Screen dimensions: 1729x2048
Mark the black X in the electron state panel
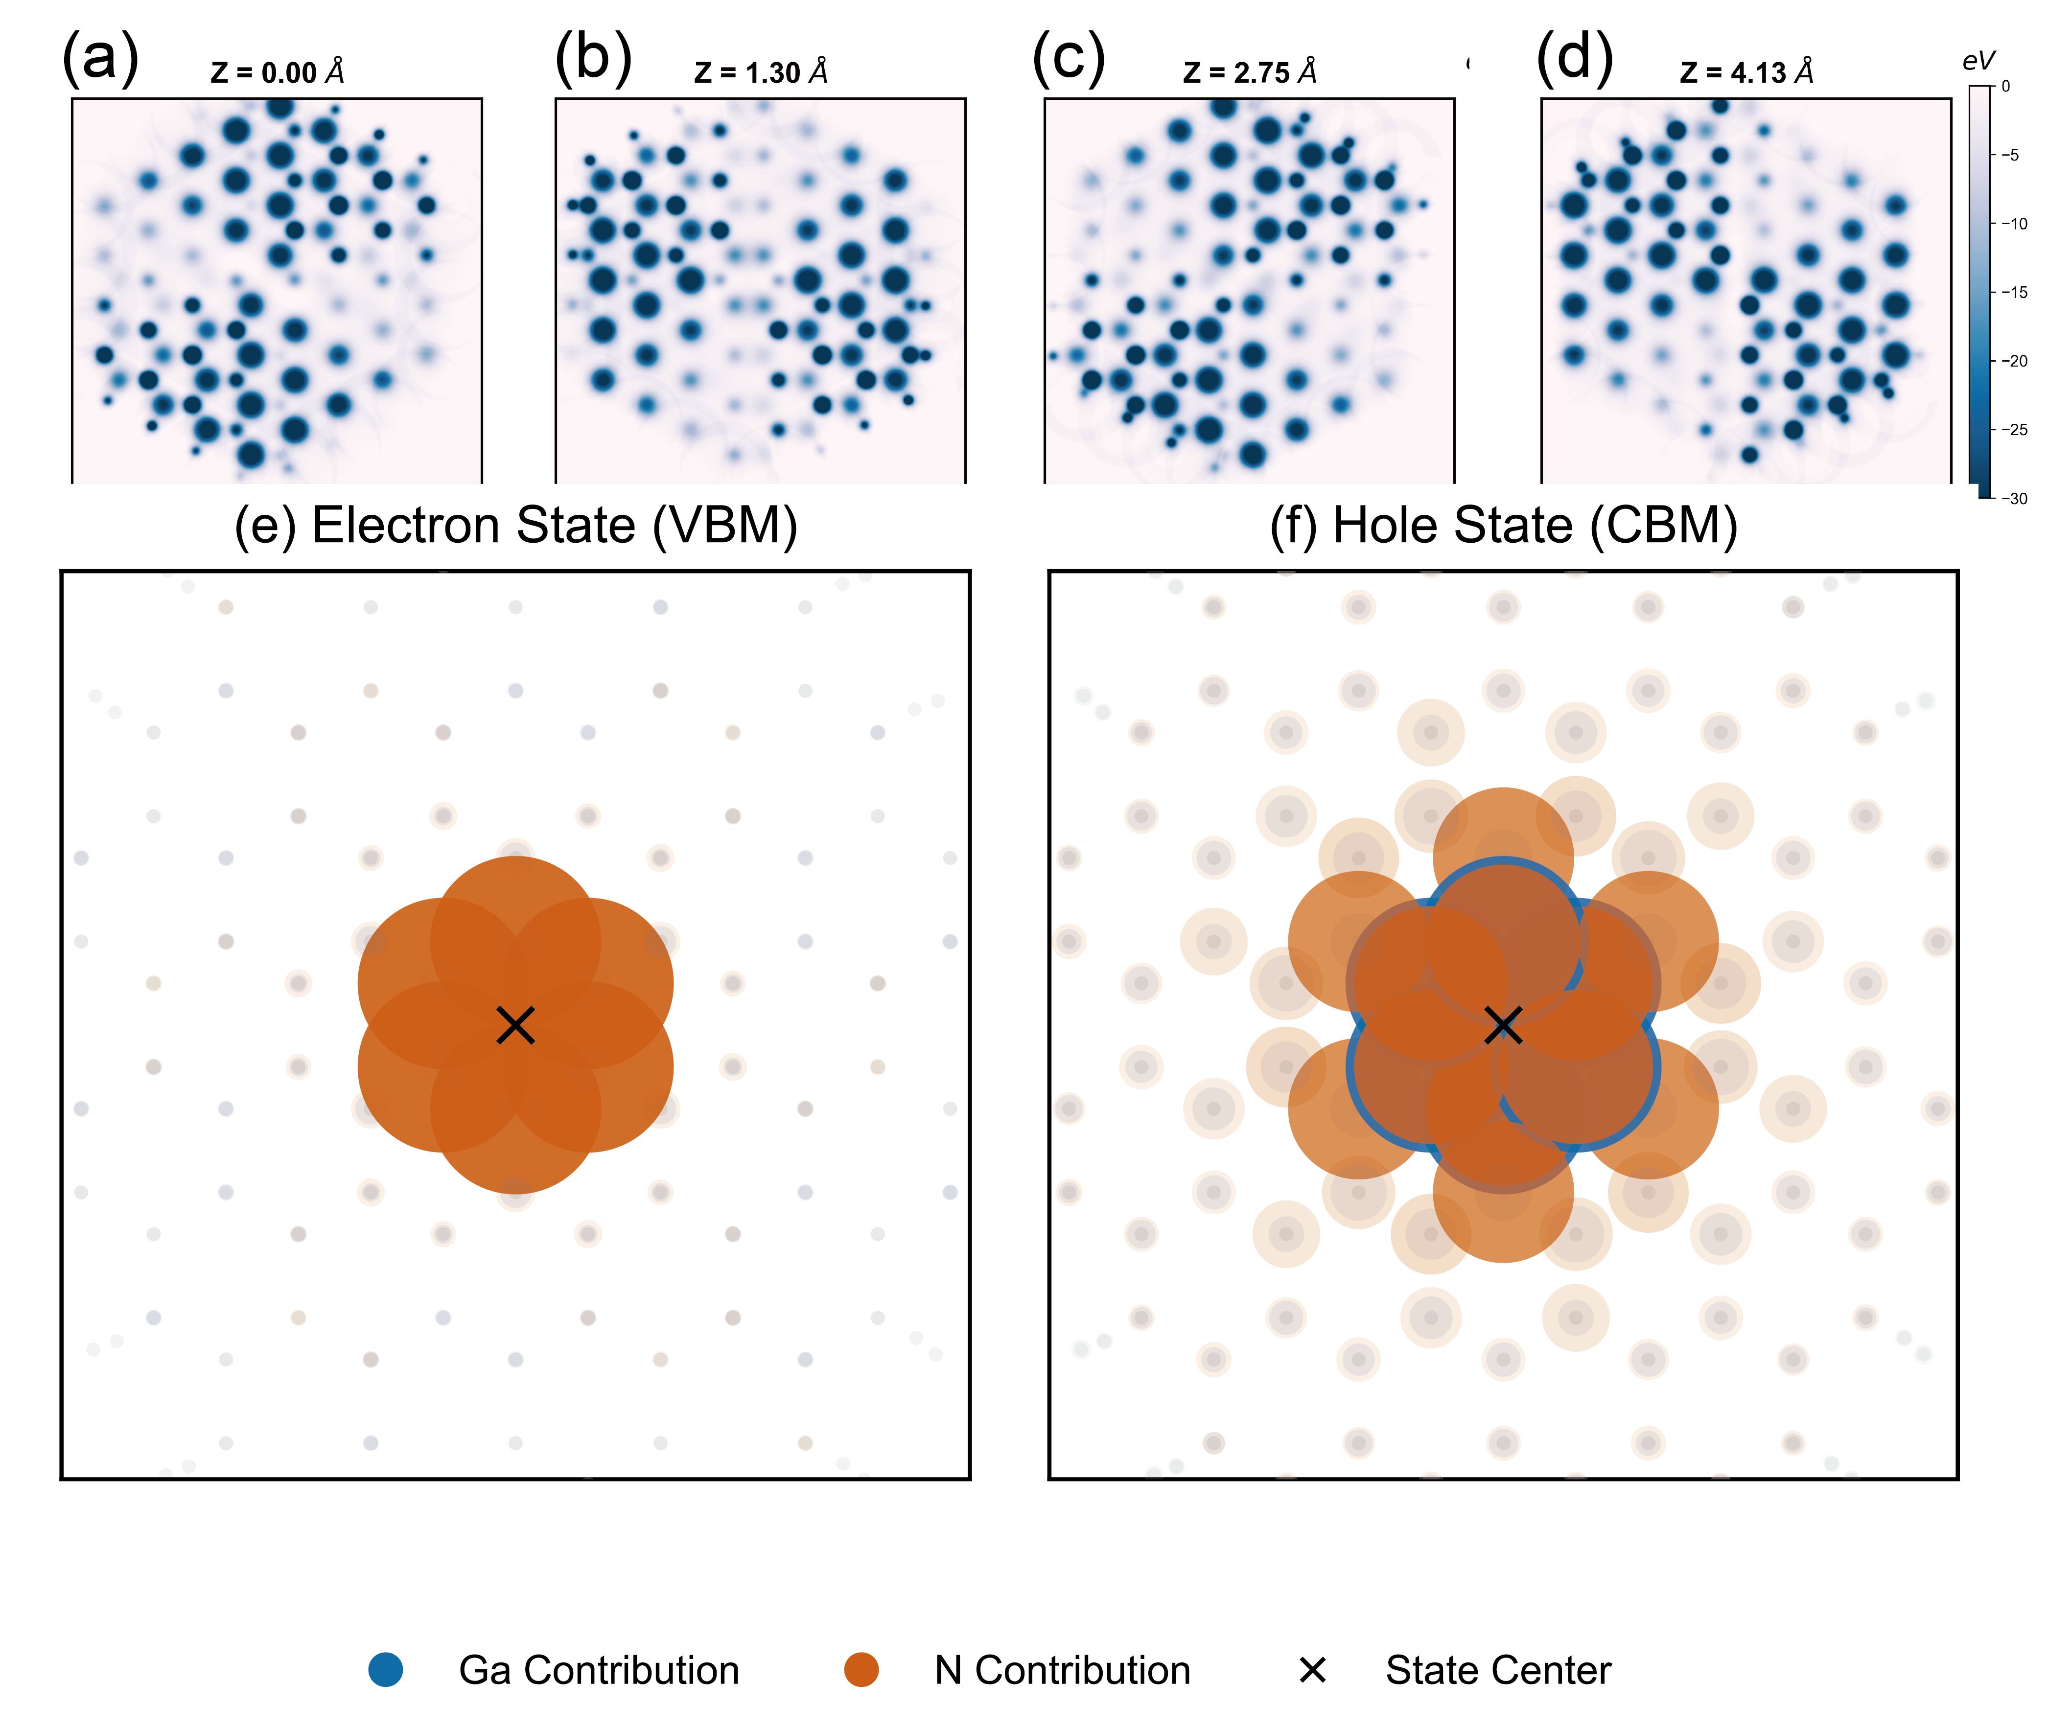click(516, 1025)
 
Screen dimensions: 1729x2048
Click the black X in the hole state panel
click(1503, 1025)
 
